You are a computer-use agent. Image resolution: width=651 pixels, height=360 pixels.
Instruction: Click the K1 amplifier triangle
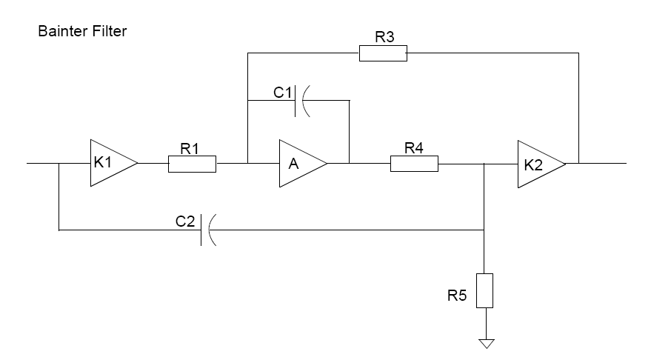(x=113, y=163)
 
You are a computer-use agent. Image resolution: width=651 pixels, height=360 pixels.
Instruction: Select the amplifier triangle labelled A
(x=303, y=163)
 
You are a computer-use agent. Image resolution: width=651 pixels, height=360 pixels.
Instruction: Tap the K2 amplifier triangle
(x=541, y=164)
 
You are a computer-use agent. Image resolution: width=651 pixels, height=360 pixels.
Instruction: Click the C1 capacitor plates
(x=302, y=101)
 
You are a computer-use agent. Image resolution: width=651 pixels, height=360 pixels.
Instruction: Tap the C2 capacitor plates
(x=208, y=230)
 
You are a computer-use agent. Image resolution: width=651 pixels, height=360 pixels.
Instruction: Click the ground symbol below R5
(x=487, y=344)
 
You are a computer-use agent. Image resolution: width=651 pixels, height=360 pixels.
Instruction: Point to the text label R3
(x=384, y=37)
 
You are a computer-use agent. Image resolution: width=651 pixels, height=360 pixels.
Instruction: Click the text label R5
(x=457, y=296)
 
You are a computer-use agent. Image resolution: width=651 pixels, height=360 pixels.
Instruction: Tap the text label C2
(x=185, y=221)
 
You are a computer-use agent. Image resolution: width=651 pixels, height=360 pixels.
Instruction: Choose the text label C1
(x=282, y=92)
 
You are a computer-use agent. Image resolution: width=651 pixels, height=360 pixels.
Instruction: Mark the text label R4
(x=414, y=148)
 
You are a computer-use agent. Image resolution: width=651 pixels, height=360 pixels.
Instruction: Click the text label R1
(x=190, y=148)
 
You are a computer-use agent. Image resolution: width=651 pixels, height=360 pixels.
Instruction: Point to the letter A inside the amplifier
(x=293, y=164)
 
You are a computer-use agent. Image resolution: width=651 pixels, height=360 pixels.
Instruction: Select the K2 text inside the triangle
(x=533, y=165)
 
